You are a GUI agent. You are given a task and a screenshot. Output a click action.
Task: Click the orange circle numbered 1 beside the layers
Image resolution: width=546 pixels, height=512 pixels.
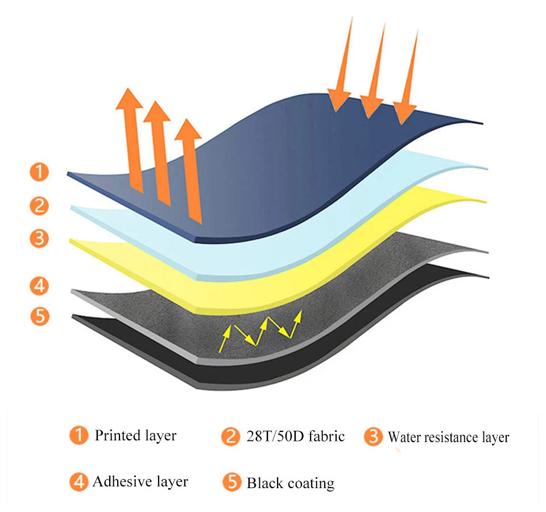[39, 172]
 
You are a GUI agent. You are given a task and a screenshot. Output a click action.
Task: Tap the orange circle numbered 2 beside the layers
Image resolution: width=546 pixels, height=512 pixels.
[39, 206]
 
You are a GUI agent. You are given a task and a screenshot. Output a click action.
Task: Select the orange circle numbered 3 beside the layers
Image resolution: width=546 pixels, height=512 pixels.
[39, 238]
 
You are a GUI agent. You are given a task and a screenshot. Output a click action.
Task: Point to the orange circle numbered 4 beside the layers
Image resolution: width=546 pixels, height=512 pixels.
[39, 286]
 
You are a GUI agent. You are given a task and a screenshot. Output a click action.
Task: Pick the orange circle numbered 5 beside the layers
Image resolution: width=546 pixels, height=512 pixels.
[40, 316]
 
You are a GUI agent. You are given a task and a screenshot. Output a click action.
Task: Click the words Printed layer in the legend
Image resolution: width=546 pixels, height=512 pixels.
[135, 436]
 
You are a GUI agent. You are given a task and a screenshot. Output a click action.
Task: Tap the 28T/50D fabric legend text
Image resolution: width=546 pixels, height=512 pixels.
[295, 436]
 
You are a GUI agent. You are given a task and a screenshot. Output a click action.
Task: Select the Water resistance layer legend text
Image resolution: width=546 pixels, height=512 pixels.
[448, 437]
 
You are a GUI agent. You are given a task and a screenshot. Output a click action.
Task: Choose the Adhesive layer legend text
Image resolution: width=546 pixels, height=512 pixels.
[140, 482]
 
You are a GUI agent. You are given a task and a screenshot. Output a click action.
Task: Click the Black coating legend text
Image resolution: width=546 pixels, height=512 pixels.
[291, 484]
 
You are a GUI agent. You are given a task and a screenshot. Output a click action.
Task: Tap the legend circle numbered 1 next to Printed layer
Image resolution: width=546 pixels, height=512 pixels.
[78, 435]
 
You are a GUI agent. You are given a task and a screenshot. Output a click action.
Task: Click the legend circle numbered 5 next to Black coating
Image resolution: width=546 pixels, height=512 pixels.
[232, 482]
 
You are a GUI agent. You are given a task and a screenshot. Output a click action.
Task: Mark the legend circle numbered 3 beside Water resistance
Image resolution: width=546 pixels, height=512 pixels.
[373, 436]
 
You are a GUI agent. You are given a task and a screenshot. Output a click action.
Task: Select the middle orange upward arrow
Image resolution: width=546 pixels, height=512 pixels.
[159, 153]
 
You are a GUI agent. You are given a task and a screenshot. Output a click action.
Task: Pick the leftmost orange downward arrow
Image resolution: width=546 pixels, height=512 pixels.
[341, 64]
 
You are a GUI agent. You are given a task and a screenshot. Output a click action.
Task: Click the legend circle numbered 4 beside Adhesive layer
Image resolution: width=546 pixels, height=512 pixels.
[78, 482]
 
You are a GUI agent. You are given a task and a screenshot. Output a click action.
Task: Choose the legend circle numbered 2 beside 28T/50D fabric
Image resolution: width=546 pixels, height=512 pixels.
[230, 436]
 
